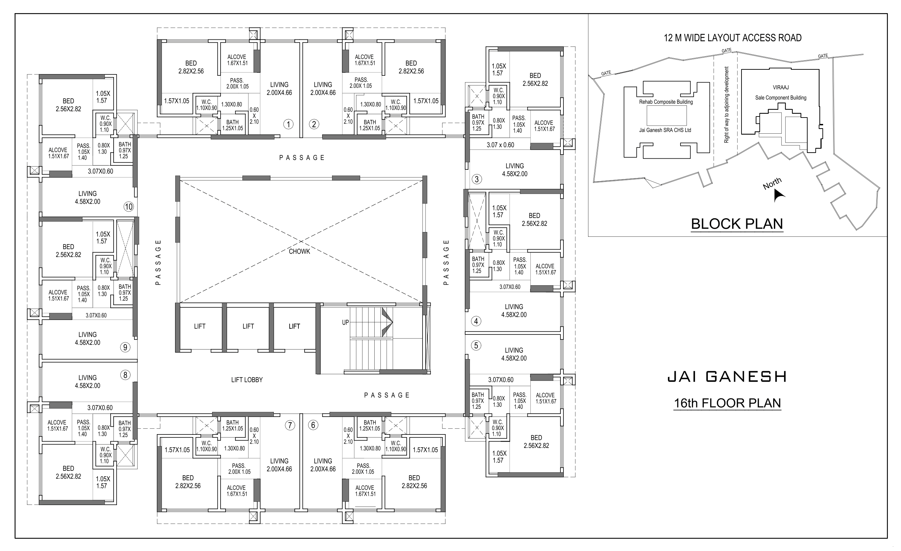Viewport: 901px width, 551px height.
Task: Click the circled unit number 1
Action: tap(288, 125)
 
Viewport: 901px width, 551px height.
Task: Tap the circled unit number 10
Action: tap(129, 207)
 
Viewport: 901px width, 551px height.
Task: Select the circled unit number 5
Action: tap(476, 346)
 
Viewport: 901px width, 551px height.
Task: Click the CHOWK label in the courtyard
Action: tap(299, 251)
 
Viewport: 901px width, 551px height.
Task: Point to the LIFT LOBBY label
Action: tap(247, 380)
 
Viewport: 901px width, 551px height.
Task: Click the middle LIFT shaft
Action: tap(248, 326)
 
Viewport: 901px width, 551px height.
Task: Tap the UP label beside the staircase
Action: tap(345, 322)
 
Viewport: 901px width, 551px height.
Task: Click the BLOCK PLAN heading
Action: tap(736, 224)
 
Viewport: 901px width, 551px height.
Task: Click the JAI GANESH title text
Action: tap(727, 377)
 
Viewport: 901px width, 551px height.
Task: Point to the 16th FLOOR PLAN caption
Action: tap(727, 403)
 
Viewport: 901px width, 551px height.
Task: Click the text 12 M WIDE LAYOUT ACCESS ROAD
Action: tap(732, 38)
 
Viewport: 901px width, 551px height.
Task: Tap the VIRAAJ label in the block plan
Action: tap(781, 88)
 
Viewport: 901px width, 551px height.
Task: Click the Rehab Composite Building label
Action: tap(666, 102)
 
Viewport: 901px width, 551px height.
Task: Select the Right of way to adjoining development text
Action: tap(727, 105)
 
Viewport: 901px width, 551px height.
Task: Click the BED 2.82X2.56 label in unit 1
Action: tap(191, 67)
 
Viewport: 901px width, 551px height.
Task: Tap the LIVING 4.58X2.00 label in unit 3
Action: tap(515, 170)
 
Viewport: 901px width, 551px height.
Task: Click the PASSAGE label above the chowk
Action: tap(302, 158)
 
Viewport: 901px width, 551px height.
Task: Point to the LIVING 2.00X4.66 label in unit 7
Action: tap(279, 465)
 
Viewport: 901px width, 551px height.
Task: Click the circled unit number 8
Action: tap(125, 375)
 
